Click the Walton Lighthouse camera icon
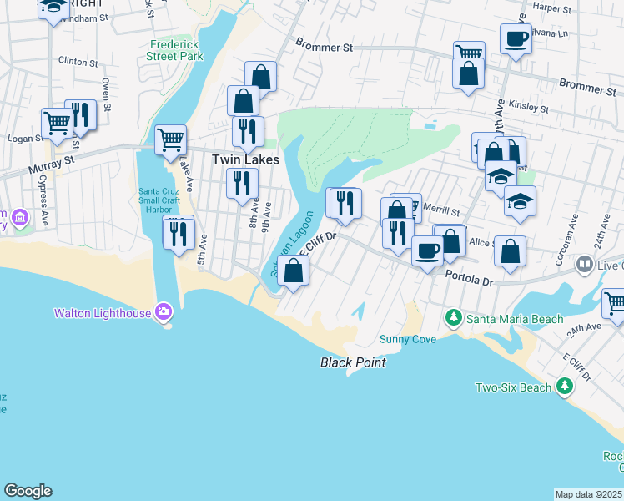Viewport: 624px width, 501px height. point(163,313)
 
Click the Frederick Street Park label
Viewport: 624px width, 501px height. point(175,50)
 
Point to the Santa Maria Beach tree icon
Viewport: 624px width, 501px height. point(453,318)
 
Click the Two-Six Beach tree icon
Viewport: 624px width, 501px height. point(565,387)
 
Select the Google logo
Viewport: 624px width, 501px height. point(28,491)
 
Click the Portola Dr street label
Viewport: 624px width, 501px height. point(470,277)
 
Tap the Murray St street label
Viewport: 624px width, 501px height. point(51,158)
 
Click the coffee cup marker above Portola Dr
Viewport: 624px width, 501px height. point(428,250)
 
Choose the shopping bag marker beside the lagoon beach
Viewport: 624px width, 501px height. point(293,271)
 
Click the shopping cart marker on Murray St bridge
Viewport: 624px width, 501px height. point(170,139)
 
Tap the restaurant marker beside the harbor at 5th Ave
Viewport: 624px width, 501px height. point(178,234)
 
